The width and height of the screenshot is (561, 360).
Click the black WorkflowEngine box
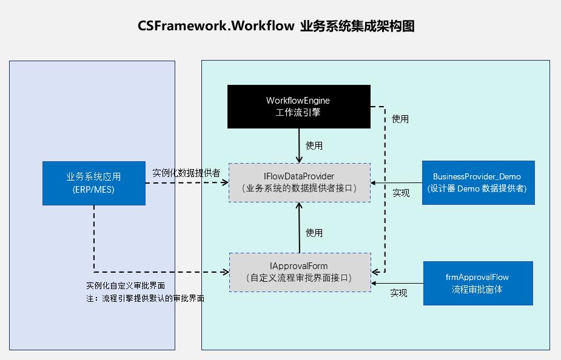click(x=298, y=106)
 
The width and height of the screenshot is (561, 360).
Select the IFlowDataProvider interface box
click(x=299, y=182)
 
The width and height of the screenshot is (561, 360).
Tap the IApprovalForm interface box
click(x=300, y=272)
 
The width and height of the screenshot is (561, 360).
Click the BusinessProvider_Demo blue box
click(x=478, y=182)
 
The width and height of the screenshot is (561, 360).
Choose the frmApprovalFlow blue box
click(x=478, y=283)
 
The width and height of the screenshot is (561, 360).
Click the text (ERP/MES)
click(x=93, y=190)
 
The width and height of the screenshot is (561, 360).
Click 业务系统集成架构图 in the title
click(x=357, y=26)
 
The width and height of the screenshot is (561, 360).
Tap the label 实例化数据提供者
click(x=186, y=173)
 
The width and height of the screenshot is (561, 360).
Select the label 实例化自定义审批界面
click(x=126, y=285)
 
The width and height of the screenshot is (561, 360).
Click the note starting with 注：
click(x=146, y=298)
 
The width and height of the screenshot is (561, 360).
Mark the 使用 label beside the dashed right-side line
click(x=400, y=119)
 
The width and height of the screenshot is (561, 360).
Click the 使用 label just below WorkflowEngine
click(x=314, y=145)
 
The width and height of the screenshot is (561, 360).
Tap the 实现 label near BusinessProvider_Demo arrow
click(x=401, y=193)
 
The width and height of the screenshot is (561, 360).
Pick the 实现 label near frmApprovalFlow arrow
click(x=398, y=293)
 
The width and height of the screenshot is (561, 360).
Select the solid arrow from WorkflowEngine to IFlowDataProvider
click(x=299, y=145)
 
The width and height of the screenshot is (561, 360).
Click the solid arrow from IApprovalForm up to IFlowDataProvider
click(x=299, y=227)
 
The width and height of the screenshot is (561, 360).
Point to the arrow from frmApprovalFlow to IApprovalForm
click(x=397, y=283)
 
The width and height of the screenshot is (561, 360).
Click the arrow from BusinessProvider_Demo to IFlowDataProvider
click(x=397, y=182)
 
